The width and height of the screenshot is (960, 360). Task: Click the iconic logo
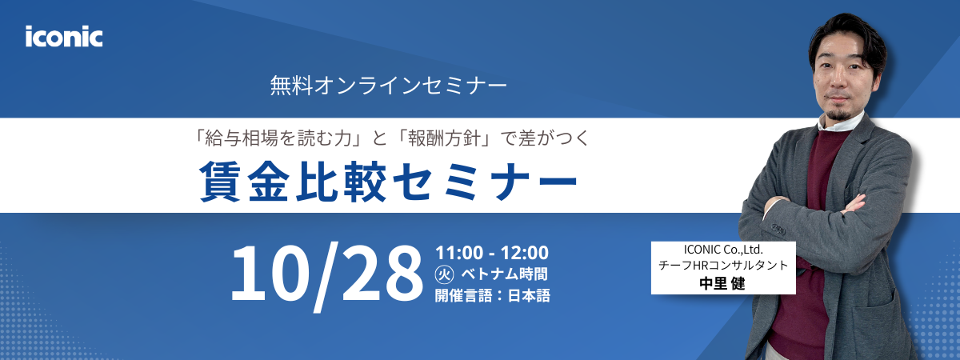(x=64, y=37)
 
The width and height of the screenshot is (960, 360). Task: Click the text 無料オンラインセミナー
(x=389, y=86)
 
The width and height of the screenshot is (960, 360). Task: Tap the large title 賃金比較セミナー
(x=389, y=182)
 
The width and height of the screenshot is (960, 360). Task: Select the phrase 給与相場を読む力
(x=282, y=138)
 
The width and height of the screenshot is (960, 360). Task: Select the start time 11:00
(x=459, y=253)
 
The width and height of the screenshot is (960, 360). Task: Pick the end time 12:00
(x=525, y=253)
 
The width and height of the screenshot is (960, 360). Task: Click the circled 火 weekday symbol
(x=445, y=274)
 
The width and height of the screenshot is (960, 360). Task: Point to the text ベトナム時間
(x=505, y=274)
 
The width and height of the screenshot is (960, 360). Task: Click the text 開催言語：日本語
(x=493, y=296)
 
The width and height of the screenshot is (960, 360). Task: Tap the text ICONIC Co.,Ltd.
(x=723, y=250)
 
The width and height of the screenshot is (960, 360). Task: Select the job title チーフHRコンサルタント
(x=723, y=266)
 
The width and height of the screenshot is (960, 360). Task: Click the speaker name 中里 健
(x=722, y=283)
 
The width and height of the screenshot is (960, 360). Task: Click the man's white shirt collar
(x=840, y=122)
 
